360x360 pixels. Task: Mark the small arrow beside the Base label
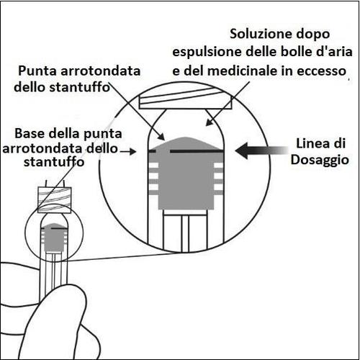[130, 151]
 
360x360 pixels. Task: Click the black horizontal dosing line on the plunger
[186, 150]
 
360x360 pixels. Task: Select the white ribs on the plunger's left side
[153, 176]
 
